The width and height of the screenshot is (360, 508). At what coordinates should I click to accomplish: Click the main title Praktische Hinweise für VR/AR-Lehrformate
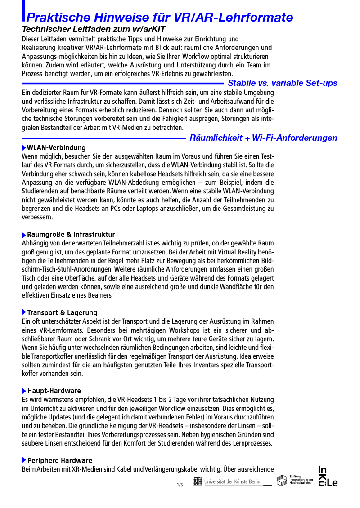(x=160, y=18)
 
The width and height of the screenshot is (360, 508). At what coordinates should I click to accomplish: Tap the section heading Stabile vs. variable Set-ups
(x=282, y=83)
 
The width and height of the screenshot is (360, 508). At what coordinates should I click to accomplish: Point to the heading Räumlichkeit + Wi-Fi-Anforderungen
(x=263, y=138)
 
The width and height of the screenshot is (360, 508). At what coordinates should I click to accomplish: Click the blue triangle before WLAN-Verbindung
(x=24, y=148)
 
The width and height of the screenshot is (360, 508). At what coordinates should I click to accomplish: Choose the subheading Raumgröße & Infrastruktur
(x=71, y=235)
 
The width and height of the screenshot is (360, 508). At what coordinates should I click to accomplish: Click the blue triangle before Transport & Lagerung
(x=24, y=312)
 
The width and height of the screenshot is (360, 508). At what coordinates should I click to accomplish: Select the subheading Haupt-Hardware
(x=54, y=391)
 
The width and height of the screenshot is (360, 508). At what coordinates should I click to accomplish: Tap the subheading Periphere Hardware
(x=59, y=461)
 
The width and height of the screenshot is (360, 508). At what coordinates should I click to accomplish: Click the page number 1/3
(x=180, y=485)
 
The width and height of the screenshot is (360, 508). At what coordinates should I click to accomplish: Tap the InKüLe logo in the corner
(x=328, y=477)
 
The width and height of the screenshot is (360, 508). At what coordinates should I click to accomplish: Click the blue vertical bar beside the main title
(x=23, y=11)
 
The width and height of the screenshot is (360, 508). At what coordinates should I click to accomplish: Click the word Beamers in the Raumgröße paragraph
(x=100, y=295)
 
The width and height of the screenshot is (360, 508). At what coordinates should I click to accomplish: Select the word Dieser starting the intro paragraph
(x=31, y=39)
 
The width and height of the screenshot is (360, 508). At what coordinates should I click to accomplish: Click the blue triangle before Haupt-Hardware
(x=24, y=391)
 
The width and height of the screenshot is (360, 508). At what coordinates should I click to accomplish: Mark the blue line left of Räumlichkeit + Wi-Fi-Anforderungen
(x=103, y=138)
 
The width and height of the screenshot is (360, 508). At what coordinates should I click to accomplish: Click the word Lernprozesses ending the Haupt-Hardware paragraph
(x=253, y=444)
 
